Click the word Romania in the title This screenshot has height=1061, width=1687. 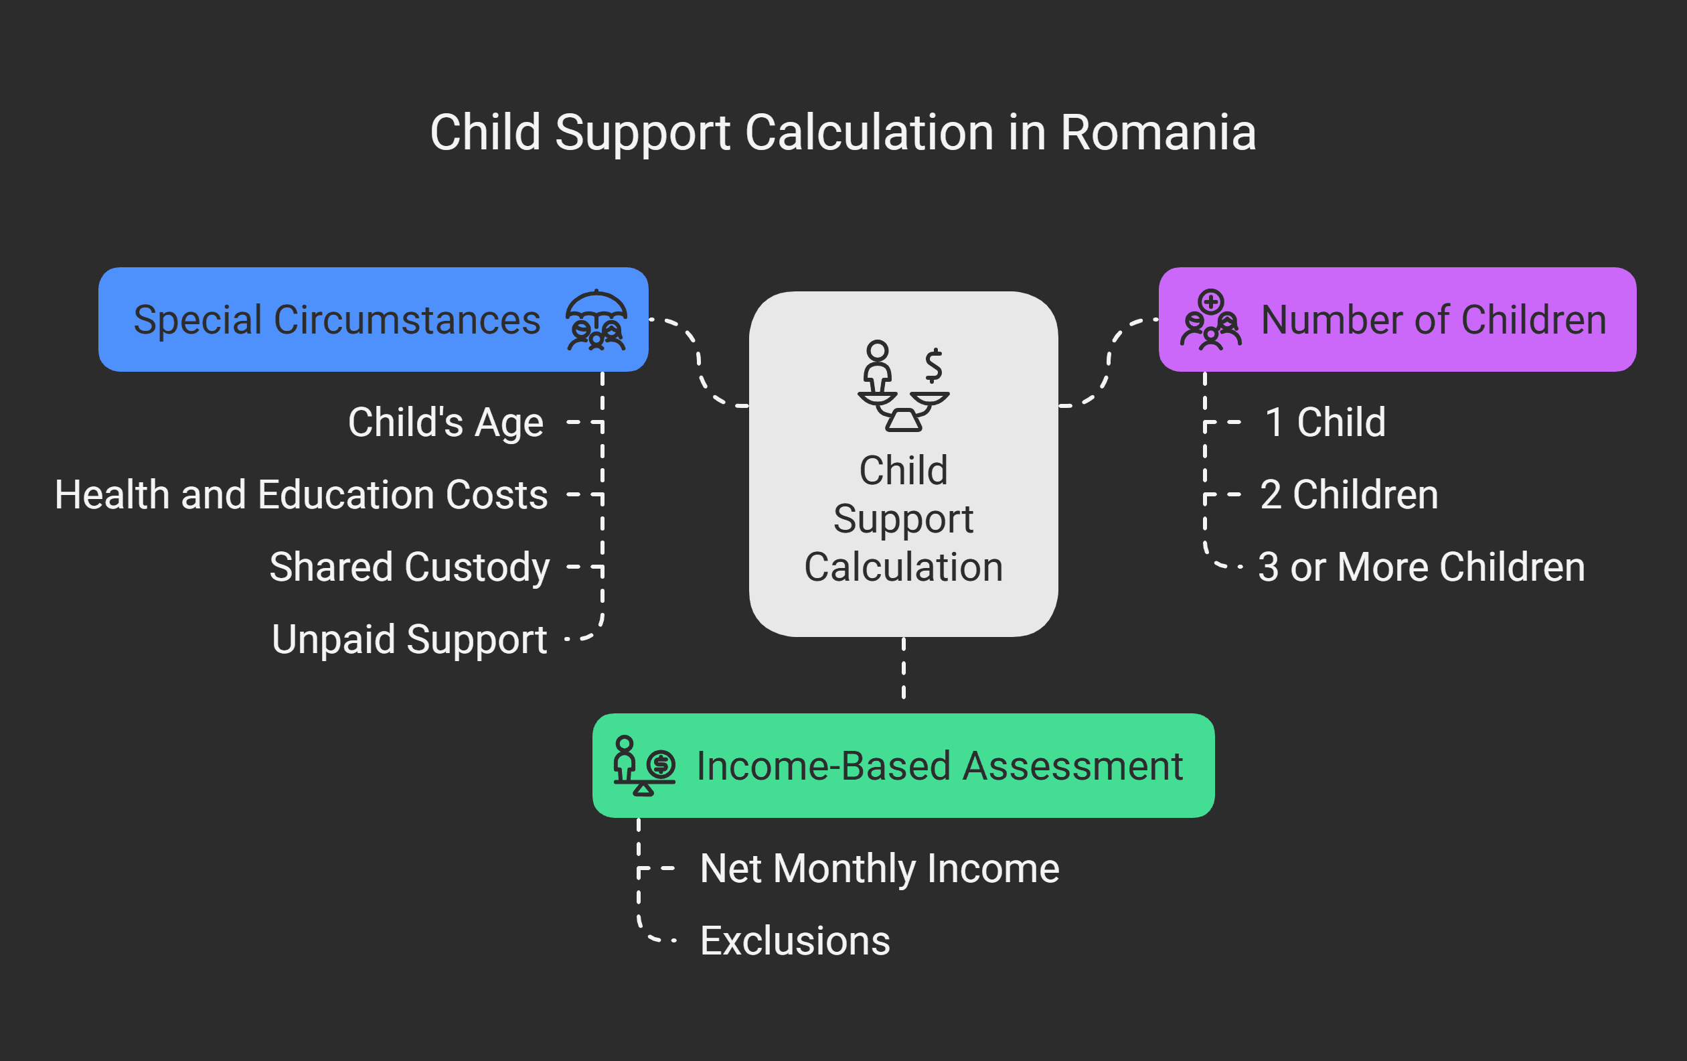point(1157,133)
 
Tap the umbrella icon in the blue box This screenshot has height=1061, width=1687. point(596,320)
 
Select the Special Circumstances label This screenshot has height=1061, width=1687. point(337,320)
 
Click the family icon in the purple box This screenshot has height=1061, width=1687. point(1210,320)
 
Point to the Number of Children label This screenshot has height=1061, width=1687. point(1433,320)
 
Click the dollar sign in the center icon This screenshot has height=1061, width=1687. point(933,365)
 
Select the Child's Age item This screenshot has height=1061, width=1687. point(446,423)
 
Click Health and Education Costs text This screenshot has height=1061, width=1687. point(301,495)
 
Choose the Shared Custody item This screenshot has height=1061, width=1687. point(410,567)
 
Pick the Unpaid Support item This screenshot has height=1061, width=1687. point(410,639)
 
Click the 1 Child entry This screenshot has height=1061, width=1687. point(1325,423)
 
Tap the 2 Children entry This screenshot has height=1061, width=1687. point(1349,495)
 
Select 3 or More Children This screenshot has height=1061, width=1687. point(1421,567)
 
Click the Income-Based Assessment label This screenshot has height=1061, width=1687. point(939,766)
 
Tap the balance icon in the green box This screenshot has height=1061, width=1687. point(644,766)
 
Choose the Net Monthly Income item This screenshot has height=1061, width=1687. point(879,868)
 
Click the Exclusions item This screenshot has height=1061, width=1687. point(795,940)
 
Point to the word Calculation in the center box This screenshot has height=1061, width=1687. point(903,567)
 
